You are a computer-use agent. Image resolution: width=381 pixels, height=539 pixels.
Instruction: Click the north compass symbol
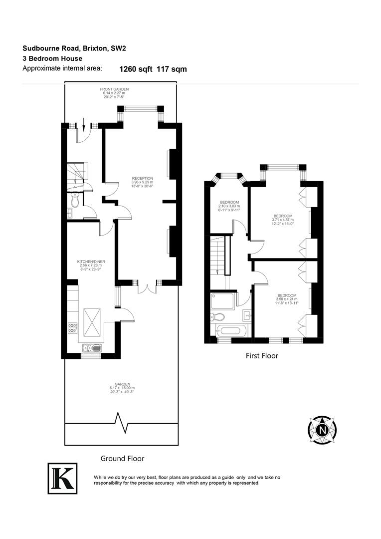[322, 429]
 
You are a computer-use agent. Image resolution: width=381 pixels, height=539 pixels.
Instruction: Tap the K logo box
[63, 478]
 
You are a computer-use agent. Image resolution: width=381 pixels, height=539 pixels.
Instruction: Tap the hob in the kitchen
[72, 328]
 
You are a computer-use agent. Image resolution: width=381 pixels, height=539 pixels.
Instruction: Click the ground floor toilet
[75, 201]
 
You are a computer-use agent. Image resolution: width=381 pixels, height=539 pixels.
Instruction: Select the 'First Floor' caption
[262, 356]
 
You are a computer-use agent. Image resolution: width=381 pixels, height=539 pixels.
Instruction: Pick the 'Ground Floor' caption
[122, 458]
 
